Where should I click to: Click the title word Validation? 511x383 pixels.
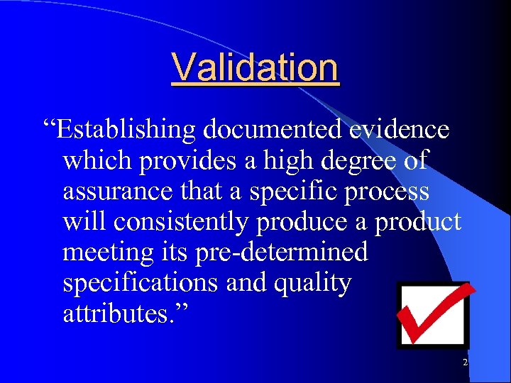[x=255, y=67]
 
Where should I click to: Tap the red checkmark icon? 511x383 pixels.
[x=434, y=314]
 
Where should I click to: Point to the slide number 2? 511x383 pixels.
[x=465, y=362]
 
